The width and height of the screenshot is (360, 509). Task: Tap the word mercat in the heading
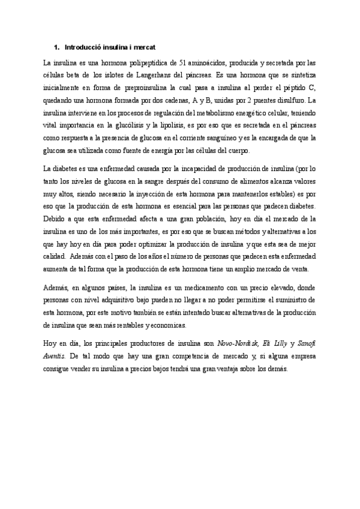[x=144, y=46]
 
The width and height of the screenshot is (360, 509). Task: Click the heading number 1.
[x=56, y=46]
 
